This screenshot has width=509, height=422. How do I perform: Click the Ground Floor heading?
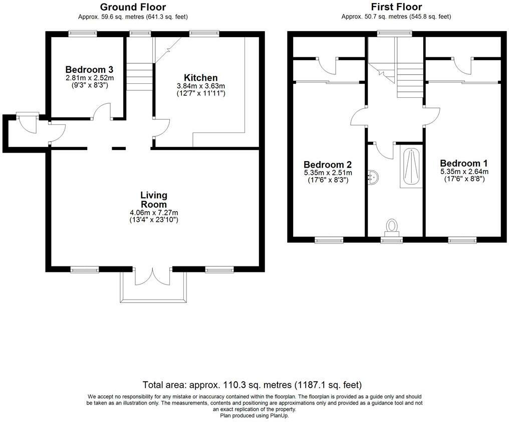tap(133, 7)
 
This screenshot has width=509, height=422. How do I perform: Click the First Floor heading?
tap(396, 7)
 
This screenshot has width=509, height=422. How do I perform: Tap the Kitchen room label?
tap(200, 78)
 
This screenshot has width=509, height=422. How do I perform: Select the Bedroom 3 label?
tap(86, 70)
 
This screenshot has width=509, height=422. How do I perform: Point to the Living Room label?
tap(154, 200)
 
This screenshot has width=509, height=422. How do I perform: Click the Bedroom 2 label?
tap(327, 165)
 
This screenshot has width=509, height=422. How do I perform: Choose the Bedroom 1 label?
tap(463, 163)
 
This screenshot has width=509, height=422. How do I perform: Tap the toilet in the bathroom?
tap(392, 227)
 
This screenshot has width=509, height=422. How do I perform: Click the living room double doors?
tap(154, 277)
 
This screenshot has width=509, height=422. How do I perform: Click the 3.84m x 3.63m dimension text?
tap(200, 86)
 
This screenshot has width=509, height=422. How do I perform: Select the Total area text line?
tap(252, 385)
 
